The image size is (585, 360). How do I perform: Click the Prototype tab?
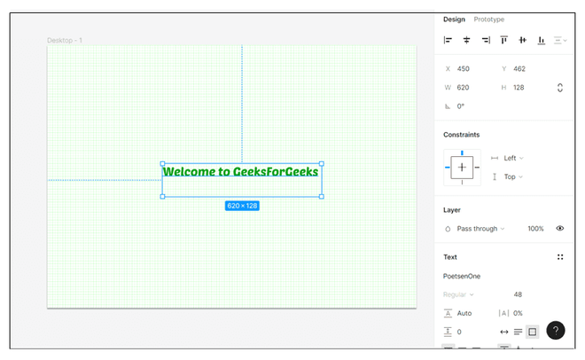(488, 20)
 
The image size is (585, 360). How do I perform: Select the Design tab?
(454, 20)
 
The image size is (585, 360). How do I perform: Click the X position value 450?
(464, 69)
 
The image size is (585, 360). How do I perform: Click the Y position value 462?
(519, 69)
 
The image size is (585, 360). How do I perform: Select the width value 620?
(463, 88)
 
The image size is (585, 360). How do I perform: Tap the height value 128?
(519, 88)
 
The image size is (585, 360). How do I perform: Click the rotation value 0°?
(461, 106)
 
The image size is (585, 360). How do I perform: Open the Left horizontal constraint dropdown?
(513, 158)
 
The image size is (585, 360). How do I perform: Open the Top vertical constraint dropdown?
(513, 176)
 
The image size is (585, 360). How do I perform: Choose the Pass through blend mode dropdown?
(480, 229)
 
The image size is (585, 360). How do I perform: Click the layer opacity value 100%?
(535, 229)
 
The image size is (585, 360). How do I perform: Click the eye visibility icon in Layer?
(560, 228)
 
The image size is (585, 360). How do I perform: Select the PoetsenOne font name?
(462, 277)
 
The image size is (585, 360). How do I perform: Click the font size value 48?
(518, 294)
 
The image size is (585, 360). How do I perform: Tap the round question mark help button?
(556, 331)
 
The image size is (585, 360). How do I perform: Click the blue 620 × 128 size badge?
(242, 206)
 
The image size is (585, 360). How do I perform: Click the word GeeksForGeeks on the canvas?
(276, 172)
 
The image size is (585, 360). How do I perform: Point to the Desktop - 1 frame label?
(65, 40)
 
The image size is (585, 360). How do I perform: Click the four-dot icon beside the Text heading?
(560, 257)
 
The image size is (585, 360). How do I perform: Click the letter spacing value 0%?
(518, 313)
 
